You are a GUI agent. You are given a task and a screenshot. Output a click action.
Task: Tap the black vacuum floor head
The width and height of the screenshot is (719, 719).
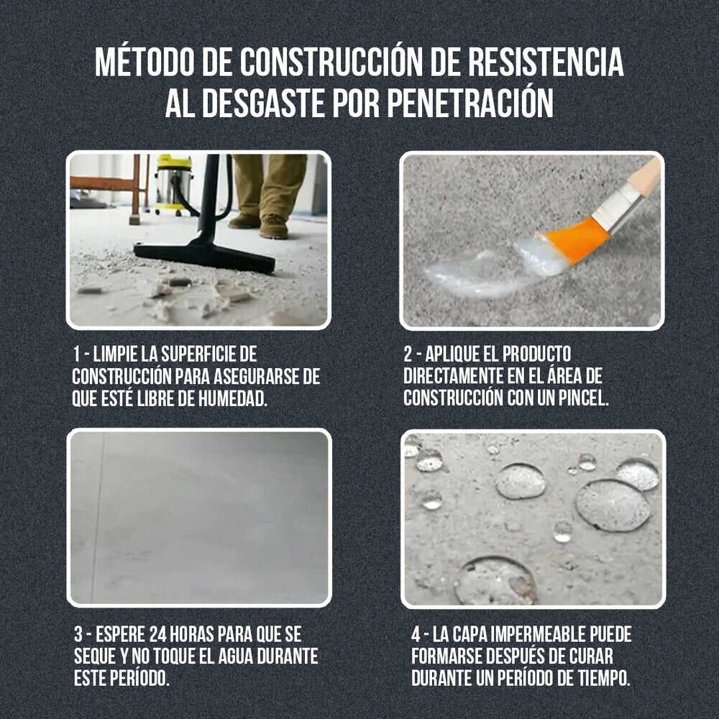coord(205,255)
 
